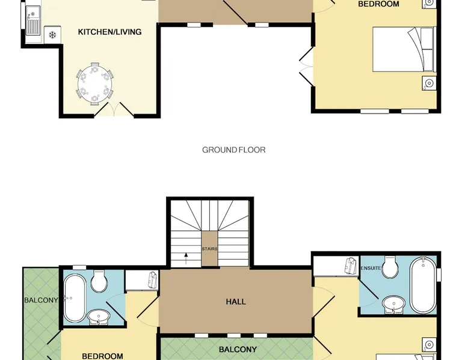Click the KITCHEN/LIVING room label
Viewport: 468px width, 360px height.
[109, 32]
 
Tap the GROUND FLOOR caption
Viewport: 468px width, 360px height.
[234, 150]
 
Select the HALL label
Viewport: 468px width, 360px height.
[236, 302]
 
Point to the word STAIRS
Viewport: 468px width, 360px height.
[209, 249]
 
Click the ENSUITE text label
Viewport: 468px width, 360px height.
[371, 268]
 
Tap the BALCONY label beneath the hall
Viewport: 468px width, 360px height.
[238, 350]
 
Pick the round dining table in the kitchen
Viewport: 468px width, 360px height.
[95, 84]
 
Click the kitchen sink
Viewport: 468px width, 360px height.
[33, 20]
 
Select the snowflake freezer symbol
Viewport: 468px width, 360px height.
[52, 35]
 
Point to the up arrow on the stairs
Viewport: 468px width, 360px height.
[186, 258]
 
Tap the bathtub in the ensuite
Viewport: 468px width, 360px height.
[423, 285]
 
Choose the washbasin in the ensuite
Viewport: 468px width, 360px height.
[393, 305]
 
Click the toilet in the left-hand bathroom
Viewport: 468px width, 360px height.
[99, 281]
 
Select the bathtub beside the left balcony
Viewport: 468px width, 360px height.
[75, 298]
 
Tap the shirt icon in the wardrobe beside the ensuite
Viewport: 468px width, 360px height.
[351, 266]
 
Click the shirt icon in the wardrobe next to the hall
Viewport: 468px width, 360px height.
[153, 280]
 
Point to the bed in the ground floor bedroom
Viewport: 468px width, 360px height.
[404, 49]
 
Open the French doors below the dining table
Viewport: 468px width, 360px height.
[114, 109]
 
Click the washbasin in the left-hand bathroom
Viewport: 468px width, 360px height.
[99, 317]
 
